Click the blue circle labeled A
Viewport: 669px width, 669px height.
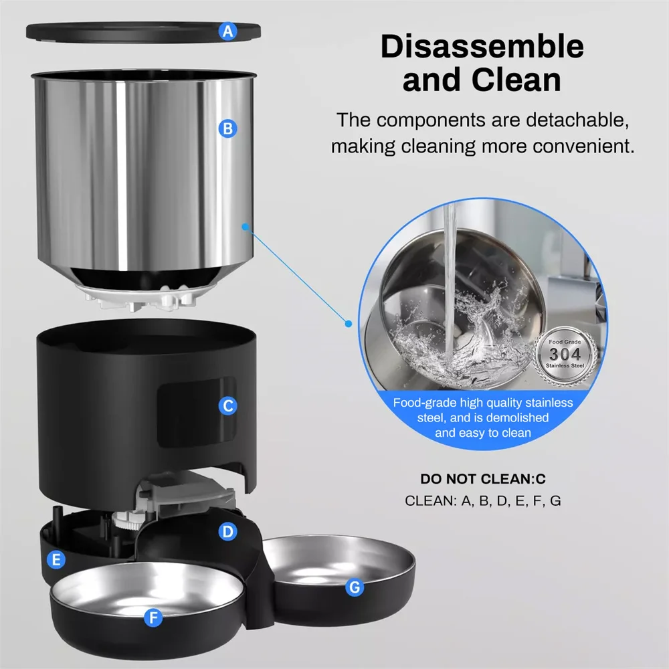[229, 31]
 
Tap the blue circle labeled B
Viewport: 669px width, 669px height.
[227, 128]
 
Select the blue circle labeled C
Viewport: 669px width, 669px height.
[228, 405]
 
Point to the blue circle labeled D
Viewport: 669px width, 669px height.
[228, 532]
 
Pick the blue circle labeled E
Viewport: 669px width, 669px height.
[56, 559]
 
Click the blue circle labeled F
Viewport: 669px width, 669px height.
[154, 617]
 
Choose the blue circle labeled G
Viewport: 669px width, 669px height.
[355, 587]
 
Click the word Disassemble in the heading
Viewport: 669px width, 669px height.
[482, 47]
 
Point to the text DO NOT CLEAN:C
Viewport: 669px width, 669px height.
[482, 479]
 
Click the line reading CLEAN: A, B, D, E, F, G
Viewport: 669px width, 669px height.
[482, 500]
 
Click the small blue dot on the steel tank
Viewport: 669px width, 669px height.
[246, 227]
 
